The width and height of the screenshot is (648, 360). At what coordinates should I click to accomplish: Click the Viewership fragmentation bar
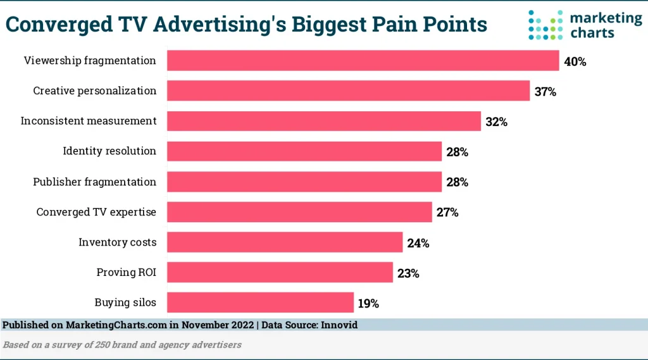point(363,61)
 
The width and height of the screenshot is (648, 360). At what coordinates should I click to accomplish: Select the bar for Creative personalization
point(348,90)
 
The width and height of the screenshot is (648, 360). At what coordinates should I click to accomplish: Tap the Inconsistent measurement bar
point(324,121)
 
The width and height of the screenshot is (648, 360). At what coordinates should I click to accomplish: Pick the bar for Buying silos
point(260,302)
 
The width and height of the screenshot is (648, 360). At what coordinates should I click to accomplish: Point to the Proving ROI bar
point(280,273)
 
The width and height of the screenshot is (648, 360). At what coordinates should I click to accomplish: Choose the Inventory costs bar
point(285,242)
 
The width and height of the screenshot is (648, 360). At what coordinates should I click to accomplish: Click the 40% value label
point(575,62)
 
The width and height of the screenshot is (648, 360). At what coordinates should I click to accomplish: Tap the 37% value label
point(545,92)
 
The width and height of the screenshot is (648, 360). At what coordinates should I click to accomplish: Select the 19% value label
point(368,304)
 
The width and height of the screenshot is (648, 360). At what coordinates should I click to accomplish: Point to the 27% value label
point(447,213)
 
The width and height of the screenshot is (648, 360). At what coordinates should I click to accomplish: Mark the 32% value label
point(497,122)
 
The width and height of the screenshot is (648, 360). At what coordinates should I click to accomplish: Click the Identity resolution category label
point(109,151)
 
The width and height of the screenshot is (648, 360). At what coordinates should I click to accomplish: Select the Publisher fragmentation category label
point(94,182)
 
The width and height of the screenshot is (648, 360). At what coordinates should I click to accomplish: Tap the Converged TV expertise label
point(96,212)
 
